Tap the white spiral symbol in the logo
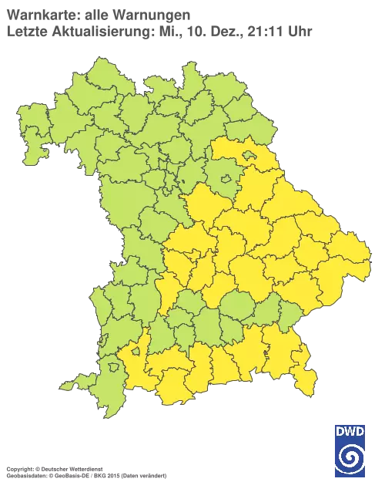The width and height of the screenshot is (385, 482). click(x=350, y=459)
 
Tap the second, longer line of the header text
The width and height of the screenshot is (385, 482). click(x=158, y=31)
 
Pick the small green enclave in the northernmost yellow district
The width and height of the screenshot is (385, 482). click(x=249, y=156)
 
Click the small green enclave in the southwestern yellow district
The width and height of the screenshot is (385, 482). click(x=136, y=352)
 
